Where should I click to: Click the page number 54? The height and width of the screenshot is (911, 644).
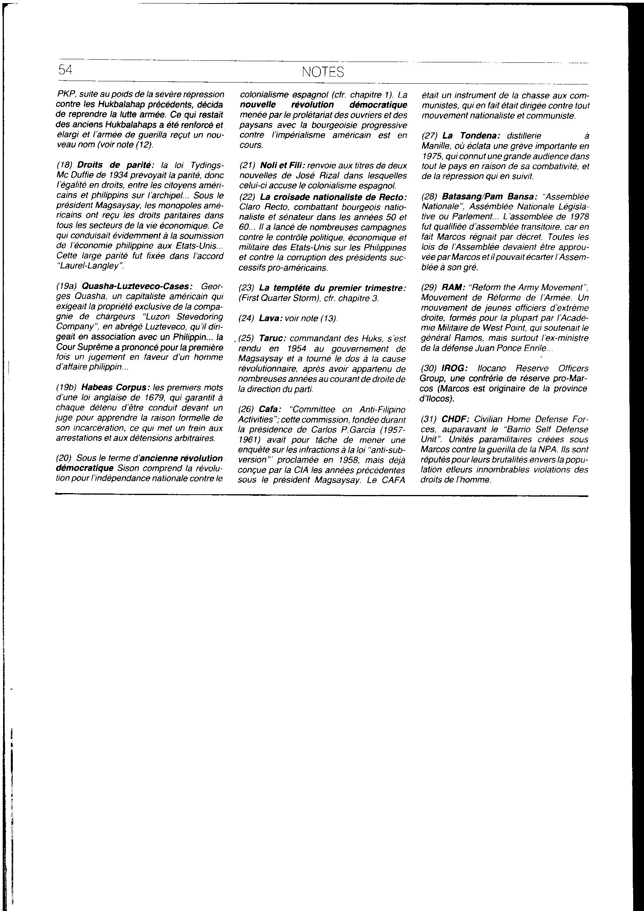pyautogui.click(x=65, y=70)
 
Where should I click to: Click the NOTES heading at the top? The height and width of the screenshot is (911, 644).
pyautogui.click(x=322, y=72)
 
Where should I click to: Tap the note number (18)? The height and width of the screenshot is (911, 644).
pyautogui.click(x=65, y=165)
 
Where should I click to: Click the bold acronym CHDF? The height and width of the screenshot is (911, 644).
pyautogui.click(x=455, y=419)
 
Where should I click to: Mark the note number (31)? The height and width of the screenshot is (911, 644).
pyautogui.click(x=430, y=419)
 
